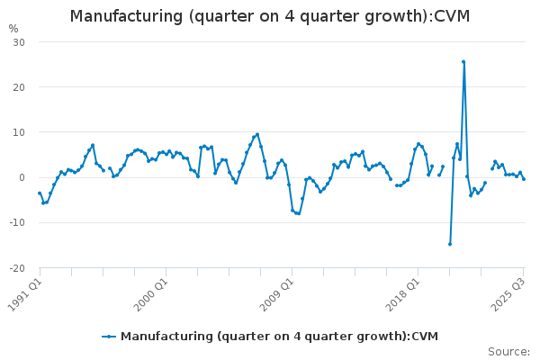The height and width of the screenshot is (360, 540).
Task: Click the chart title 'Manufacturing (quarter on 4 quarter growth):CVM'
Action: (x=270, y=17)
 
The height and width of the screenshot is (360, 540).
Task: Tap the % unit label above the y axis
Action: (x=13, y=29)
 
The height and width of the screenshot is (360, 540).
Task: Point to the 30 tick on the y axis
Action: (x=19, y=42)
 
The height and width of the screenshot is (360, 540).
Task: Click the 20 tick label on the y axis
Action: (x=19, y=87)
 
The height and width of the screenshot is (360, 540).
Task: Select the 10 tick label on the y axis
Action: (x=19, y=132)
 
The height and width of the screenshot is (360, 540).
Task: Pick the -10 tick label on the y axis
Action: (x=17, y=222)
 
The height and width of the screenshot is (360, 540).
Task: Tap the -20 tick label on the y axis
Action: (x=17, y=267)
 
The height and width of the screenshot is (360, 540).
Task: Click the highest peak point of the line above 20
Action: (x=463, y=62)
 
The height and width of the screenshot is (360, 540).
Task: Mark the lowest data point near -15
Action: (x=450, y=244)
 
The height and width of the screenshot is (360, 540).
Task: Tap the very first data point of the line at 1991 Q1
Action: (x=40, y=193)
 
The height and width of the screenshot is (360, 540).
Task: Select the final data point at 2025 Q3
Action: (x=524, y=179)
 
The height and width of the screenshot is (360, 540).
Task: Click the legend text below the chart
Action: (x=279, y=336)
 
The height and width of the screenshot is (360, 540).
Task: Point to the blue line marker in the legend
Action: (x=109, y=336)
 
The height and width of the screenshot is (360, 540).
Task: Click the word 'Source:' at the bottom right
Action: (x=508, y=352)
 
